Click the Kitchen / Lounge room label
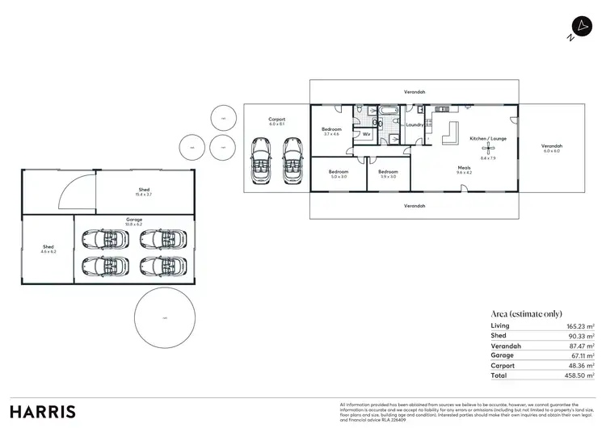pos(488,138)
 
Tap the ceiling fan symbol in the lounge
pos(488,149)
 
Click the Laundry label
pos(415,125)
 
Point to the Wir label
pos(366,134)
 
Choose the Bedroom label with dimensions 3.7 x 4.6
pos(331,129)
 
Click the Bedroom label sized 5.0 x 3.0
pos(338,171)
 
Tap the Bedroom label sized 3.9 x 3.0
pos(388,171)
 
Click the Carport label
pos(277,120)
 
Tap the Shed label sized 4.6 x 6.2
pos(48,247)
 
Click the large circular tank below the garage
pos(165,318)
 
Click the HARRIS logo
pos(42,411)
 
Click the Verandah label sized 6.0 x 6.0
pos(551,147)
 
